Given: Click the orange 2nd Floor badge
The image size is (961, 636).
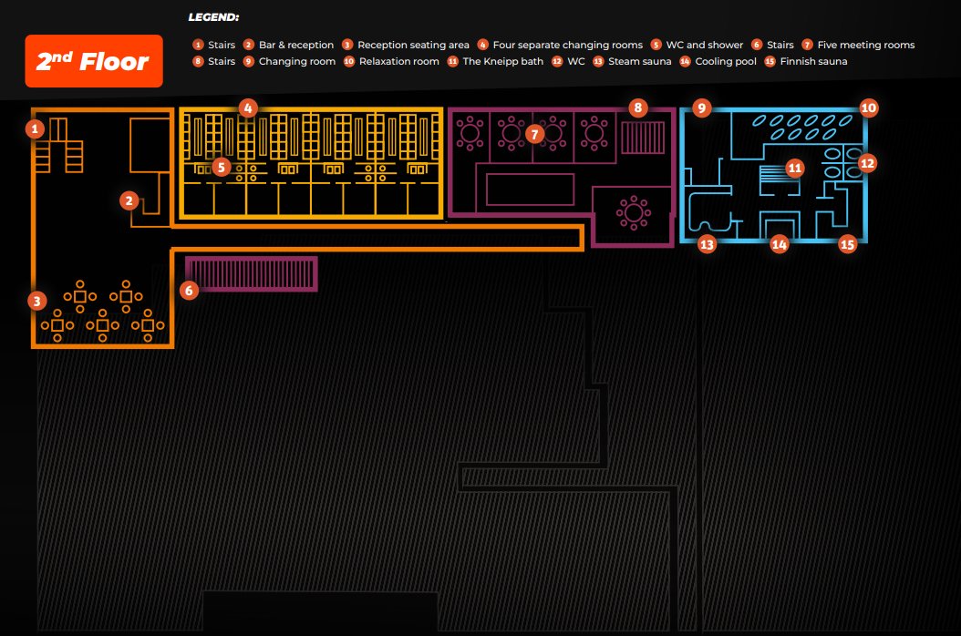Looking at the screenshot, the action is (94, 61).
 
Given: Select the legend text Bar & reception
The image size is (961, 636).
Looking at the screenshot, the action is (296, 45).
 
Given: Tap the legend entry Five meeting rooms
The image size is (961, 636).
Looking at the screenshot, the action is (866, 45).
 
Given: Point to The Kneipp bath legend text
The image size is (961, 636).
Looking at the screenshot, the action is (502, 61).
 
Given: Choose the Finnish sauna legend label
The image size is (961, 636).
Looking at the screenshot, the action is (813, 61).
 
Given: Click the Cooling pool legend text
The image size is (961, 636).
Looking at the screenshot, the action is (726, 61).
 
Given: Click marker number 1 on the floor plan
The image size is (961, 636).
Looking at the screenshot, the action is (35, 128).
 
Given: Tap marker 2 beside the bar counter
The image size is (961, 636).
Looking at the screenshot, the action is (129, 200).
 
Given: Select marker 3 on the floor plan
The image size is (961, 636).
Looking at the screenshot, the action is (36, 301).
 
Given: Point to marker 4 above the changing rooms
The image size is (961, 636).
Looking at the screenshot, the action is (248, 108).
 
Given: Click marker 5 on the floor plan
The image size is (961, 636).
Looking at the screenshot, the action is (222, 168).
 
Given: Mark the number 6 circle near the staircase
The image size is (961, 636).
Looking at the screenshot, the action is (189, 291).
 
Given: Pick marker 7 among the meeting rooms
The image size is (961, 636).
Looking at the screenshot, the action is (534, 134).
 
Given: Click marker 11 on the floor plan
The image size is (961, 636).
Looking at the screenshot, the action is (794, 168).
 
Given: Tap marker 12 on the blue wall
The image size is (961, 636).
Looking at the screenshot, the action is (867, 163).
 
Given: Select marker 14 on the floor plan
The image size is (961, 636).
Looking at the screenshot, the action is (779, 244).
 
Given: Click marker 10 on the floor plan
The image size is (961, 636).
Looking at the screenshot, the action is (868, 108).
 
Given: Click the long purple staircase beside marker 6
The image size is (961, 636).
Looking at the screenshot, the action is (252, 273).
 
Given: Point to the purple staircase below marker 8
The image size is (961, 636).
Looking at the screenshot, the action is (643, 138).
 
